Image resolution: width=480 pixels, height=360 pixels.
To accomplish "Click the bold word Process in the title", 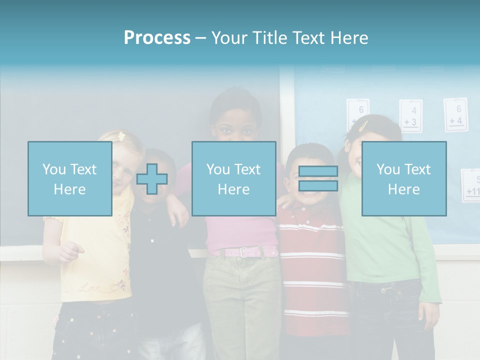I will click(x=157, y=38).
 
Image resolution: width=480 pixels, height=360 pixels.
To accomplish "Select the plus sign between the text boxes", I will click(x=152, y=179).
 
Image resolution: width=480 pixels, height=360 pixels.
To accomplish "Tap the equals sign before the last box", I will click(x=318, y=178).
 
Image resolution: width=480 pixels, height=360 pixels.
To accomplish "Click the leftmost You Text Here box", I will click(x=69, y=178).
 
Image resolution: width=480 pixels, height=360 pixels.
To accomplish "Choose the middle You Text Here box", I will click(x=233, y=178).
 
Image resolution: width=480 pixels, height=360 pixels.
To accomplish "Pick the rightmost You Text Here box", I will click(x=403, y=178).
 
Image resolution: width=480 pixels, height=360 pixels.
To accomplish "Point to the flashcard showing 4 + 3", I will click(x=410, y=116).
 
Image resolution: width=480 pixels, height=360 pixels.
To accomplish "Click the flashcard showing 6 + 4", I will click(x=455, y=114).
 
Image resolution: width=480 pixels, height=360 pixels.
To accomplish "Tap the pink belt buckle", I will click(x=243, y=252).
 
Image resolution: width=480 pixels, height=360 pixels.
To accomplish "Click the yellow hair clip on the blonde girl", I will click(x=121, y=136).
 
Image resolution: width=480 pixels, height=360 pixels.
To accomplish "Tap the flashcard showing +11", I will click(x=472, y=185).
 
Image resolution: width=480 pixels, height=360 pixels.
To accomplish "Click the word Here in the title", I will click(x=350, y=38).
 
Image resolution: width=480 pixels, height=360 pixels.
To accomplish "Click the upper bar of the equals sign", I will click(x=318, y=171).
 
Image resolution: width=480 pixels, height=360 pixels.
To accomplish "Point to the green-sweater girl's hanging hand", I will click(x=429, y=314).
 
